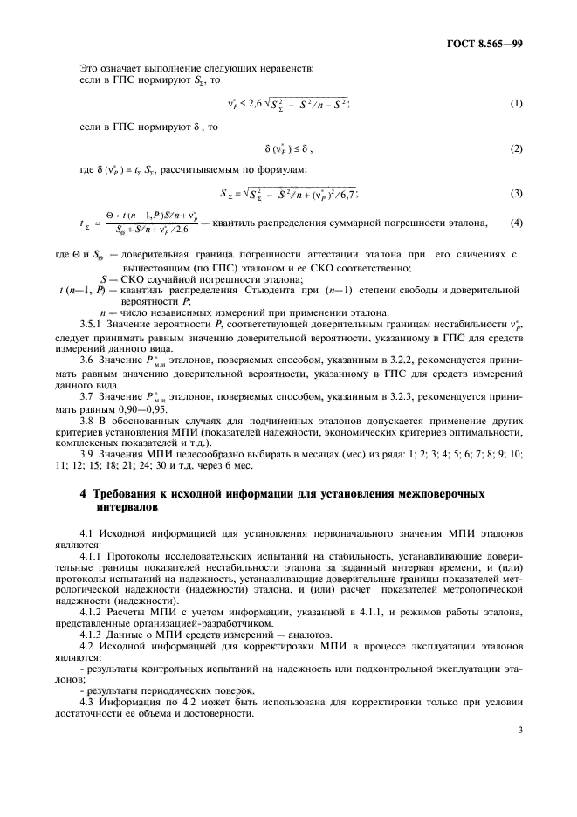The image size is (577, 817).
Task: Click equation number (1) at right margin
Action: [x=516, y=105]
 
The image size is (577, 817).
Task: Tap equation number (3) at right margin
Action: [x=516, y=194]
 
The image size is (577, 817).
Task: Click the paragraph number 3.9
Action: [x=86, y=454]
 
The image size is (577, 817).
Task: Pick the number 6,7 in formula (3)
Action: [x=347, y=194]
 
